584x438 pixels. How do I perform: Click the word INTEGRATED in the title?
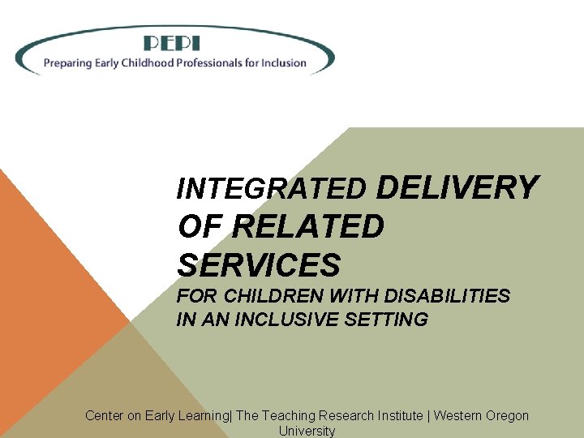pos(272,189)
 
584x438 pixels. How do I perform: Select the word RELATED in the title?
pos(307,226)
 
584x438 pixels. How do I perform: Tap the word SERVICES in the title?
pos(259,264)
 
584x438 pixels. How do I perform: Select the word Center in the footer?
pos(105,416)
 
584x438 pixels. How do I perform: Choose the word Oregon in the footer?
pos(506,416)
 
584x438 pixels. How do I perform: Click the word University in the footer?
pos(307,431)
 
